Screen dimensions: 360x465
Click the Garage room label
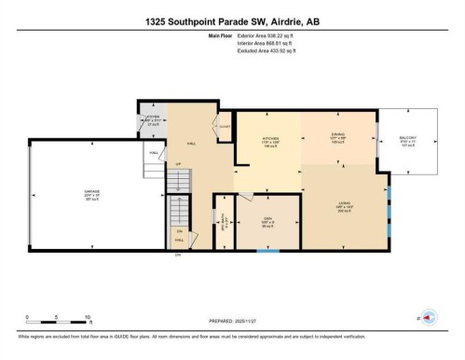tap(81, 195)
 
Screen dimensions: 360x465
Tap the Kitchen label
tap(269, 141)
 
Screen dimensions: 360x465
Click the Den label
tap(267, 222)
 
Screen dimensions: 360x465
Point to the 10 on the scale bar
tap(86, 318)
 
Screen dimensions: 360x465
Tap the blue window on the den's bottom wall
tap(267, 251)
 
